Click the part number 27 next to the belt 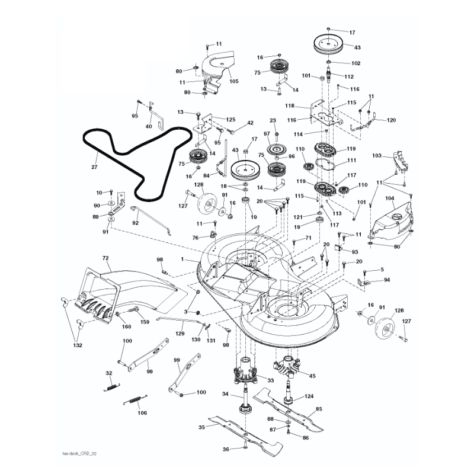[94, 168]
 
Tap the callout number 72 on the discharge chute [106, 259]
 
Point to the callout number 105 [234, 81]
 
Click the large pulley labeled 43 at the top [329, 44]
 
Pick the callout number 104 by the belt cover [389, 199]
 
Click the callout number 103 [376, 155]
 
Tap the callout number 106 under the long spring [142, 413]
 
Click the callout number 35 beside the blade [201, 427]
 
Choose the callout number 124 [309, 396]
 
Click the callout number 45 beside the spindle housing [312, 375]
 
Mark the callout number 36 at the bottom [226, 450]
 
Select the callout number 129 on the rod [180, 334]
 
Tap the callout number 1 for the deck [183, 260]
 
